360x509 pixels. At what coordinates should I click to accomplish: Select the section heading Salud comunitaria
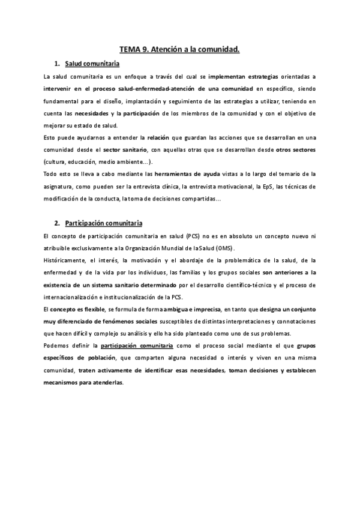(92, 64)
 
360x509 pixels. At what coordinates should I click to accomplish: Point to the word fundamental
(63, 101)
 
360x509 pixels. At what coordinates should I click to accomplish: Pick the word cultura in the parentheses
(57, 162)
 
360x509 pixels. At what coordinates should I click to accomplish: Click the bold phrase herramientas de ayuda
(181, 174)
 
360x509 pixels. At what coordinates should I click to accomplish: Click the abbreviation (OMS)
(225, 248)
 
